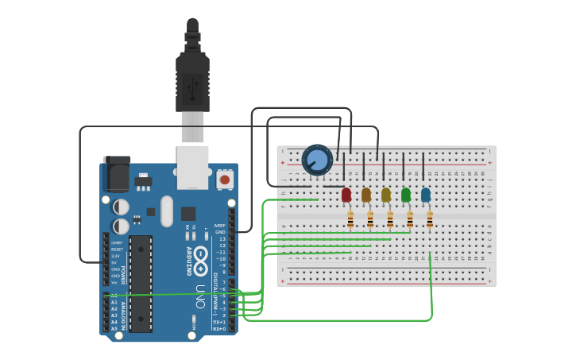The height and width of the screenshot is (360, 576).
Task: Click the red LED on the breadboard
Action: pyautogui.click(x=346, y=195)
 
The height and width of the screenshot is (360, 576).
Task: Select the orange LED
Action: pyautogui.click(x=365, y=195)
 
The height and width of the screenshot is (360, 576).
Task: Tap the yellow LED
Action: pyautogui.click(x=386, y=195)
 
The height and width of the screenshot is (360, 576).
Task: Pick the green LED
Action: pyautogui.click(x=406, y=195)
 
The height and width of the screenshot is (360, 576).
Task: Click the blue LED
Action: pyautogui.click(x=426, y=195)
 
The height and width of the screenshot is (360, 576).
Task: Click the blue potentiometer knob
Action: pyautogui.click(x=317, y=161)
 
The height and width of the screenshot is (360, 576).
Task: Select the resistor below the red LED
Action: pyautogui.click(x=350, y=220)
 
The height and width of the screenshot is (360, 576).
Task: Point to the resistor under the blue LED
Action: pyautogui.click(x=430, y=220)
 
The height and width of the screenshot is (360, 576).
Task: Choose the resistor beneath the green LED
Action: pyautogui.click(x=410, y=220)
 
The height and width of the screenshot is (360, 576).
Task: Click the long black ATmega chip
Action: pyautogui.click(x=141, y=283)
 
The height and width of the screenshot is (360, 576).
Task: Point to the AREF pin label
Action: pyautogui.click(x=220, y=226)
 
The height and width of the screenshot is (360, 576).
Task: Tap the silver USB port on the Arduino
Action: pyautogui.click(x=192, y=167)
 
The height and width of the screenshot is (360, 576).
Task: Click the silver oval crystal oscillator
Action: pyautogui.click(x=166, y=211)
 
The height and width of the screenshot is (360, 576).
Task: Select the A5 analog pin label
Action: pyautogui.click(x=114, y=328)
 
